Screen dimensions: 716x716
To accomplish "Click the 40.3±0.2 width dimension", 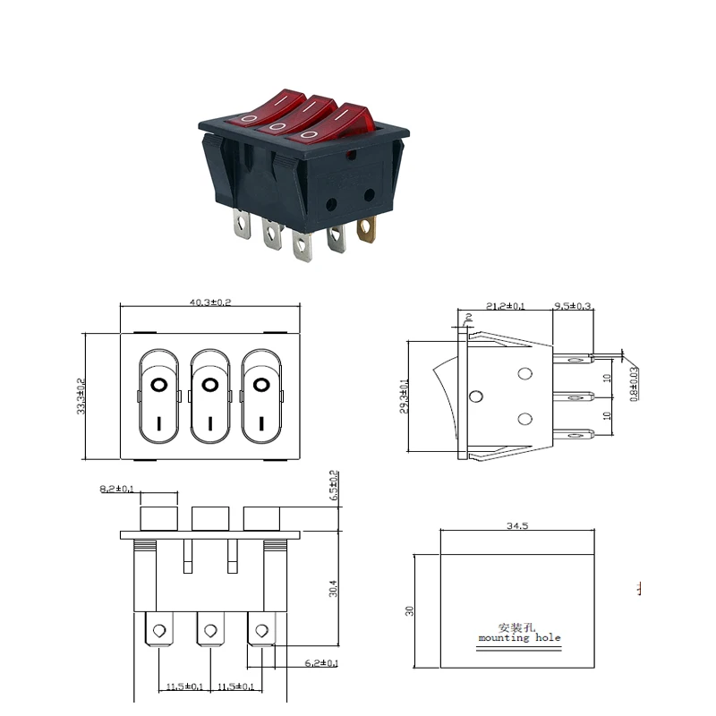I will tap(210, 303).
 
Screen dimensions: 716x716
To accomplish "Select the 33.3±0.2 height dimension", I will tap(81, 395).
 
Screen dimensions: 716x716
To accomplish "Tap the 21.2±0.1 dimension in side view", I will tap(506, 306).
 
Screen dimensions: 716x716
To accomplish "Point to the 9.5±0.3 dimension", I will tap(572, 306).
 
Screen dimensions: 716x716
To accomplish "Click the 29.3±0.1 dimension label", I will tap(405, 396).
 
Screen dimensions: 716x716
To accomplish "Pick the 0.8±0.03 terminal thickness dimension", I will tap(635, 383).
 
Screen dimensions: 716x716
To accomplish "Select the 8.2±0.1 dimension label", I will tap(115, 489).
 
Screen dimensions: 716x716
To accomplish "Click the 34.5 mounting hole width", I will tap(517, 526).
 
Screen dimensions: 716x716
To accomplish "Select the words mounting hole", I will tap(519, 638).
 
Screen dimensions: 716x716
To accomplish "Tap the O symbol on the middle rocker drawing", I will tap(210, 385).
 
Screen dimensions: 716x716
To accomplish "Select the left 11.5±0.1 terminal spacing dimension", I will tap(184, 686).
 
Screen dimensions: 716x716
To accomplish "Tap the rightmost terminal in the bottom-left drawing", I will tap(261, 631).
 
